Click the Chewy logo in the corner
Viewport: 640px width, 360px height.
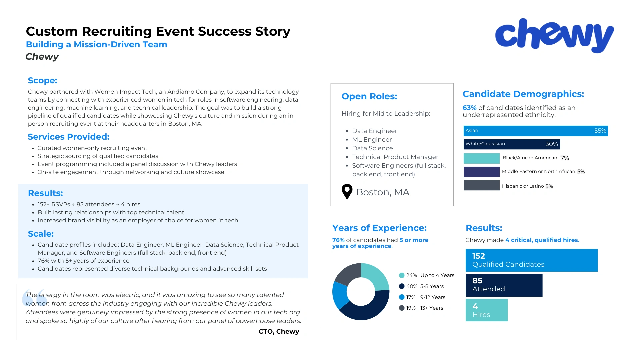tap(554, 36)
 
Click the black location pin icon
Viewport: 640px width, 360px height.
tap(347, 192)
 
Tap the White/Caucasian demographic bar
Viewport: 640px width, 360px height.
tap(511, 144)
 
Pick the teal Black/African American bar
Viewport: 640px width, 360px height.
tap(481, 158)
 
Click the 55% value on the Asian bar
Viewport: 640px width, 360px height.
tap(600, 131)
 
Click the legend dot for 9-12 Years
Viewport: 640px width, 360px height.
tap(402, 297)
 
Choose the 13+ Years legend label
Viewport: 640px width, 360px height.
tap(432, 308)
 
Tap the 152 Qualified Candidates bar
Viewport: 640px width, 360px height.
tap(531, 260)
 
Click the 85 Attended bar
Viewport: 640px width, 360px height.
tap(504, 285)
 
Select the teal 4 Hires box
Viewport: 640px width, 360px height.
tap(486, 310)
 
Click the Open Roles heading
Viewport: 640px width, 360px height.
tap(369, 96)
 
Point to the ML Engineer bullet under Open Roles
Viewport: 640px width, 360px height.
tap(372, 140)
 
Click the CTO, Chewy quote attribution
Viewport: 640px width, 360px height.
tap(279, 331)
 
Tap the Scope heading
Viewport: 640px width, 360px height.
tap(43, 80)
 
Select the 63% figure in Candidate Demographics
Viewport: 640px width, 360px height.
tap(469, 108)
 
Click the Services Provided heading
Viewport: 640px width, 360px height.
tap(68, 137)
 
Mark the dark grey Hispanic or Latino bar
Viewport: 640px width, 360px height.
tap(481, 185)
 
